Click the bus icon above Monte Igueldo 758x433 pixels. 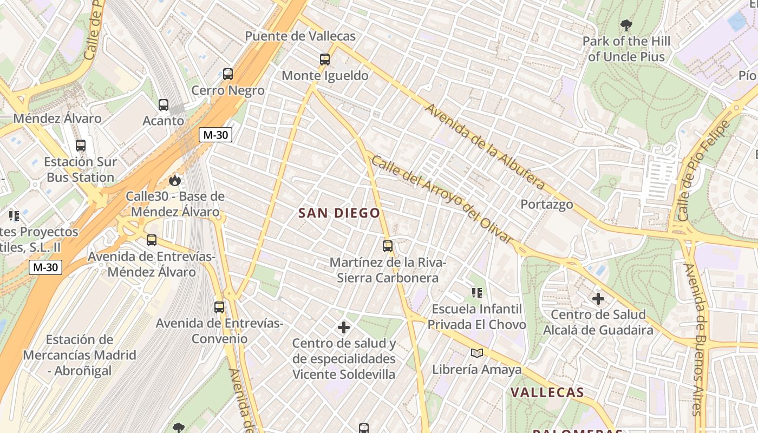point(325,60)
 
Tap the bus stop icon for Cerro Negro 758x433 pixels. point(228,74)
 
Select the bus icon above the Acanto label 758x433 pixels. point(164,105)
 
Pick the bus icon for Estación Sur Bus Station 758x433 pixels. point(81,146)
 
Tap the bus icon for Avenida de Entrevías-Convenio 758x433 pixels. point(219,307)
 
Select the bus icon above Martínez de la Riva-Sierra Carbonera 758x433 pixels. point(388,246)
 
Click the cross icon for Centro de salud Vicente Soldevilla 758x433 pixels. point(344,327)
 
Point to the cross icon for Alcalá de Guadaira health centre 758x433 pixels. point(598,299)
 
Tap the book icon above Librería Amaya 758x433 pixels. point(477,353)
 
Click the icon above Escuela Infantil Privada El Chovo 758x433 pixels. point(477,293)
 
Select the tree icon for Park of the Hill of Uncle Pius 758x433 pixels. point(626,25)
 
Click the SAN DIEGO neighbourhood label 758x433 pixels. point(339,213)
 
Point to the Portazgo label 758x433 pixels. point(547,204)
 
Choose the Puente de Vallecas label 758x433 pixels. point(300,36)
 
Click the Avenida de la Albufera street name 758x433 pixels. point(485,146)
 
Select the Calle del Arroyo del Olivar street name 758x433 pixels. point(441,199)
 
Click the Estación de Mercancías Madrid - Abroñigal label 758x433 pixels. point(80,355)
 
